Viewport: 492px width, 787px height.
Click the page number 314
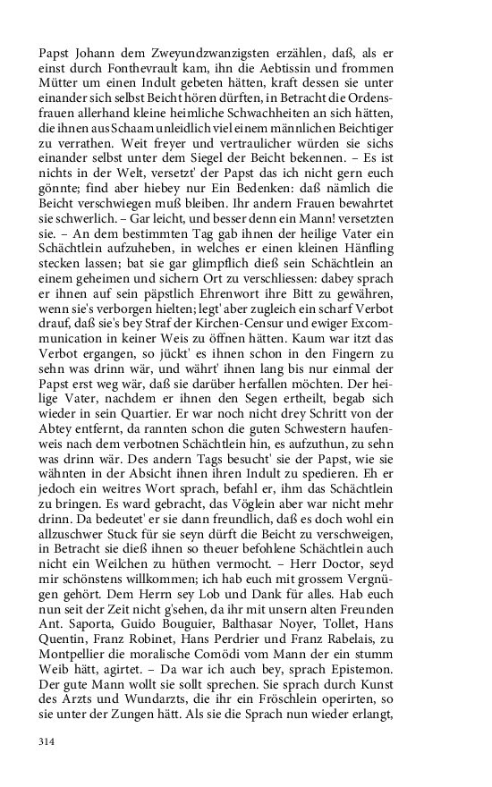pyautogui.click(x=48, y=741)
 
